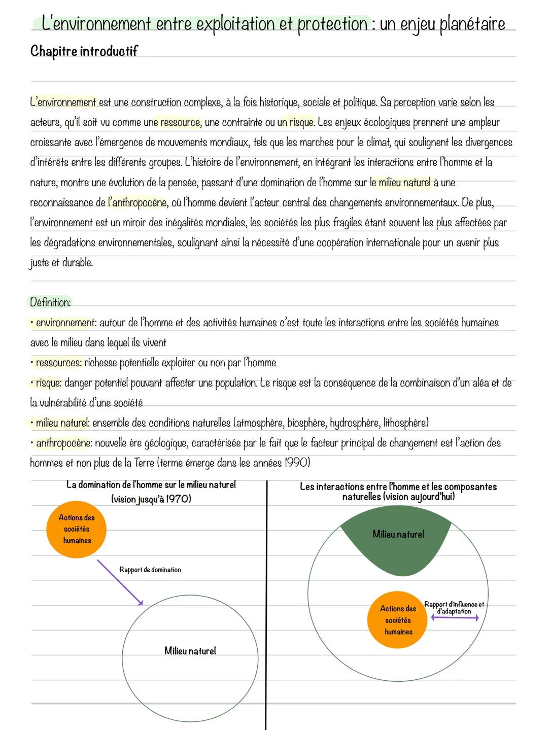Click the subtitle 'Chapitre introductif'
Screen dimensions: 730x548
(x=84, y=51)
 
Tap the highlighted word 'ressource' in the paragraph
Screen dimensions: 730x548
(x=180, y=122)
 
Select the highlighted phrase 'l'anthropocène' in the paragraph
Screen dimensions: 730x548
(x=138, y=202)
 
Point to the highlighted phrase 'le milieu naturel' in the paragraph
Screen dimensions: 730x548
(x=400, y=182)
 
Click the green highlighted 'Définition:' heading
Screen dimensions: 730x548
(x=50, y=302)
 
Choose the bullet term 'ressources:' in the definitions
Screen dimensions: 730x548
(x=58, y=363)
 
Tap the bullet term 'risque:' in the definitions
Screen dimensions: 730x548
(x=49, y=383)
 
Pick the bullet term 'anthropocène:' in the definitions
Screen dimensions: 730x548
(x=64, y=443)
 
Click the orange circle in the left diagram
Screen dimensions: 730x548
(x=77, y=529)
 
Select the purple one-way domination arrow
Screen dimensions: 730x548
(x=120, y=582)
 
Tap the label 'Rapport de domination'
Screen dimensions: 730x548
(x=150, y=570)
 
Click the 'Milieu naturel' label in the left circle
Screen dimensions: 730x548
(x=190, y=651)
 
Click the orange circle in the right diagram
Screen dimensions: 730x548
(x=398, y=620)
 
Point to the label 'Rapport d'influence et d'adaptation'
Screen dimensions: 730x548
(x=454, y=608)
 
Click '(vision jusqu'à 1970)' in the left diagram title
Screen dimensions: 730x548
(x=151, y=499)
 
